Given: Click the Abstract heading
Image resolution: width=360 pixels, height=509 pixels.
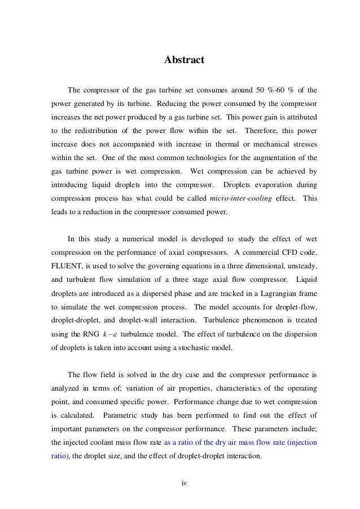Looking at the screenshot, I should point(180,59).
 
